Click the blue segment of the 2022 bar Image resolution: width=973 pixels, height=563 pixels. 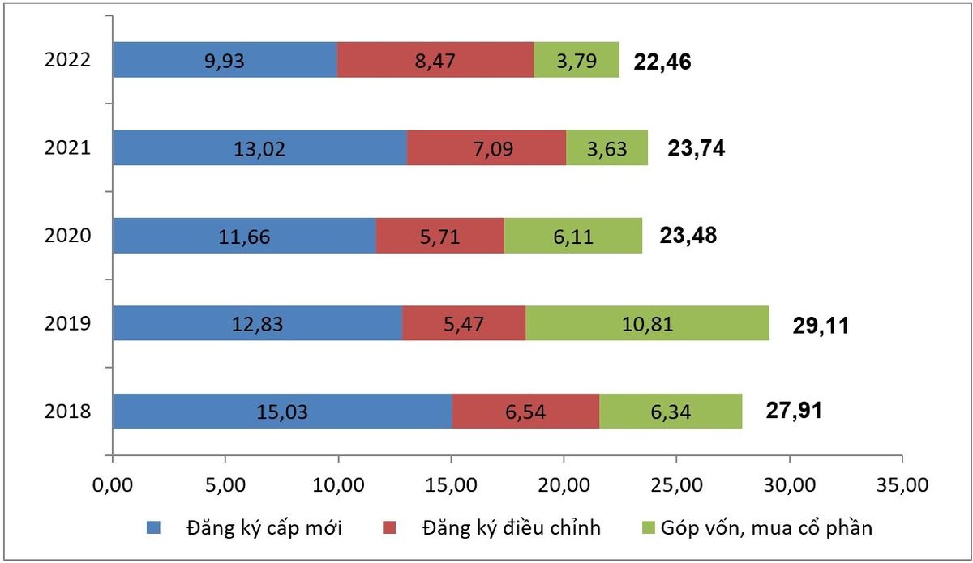(225, 60)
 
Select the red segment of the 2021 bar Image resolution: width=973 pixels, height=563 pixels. (486, 147)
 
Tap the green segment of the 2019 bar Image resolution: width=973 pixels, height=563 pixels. (647, 323)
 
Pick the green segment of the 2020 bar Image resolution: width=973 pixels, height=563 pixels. (573, 236)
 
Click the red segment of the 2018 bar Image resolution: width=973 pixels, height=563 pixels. (525, 411)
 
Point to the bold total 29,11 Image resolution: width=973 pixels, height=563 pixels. (821, 326)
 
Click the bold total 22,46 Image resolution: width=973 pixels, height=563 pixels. (662, 62)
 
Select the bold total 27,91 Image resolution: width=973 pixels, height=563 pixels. (794, 411)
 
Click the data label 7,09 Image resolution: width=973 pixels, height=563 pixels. (493, 149)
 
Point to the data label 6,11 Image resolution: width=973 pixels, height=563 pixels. (573, 237)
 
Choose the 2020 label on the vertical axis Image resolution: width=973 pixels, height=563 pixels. (68, 236)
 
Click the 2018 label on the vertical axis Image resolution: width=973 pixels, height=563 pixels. (68, 411)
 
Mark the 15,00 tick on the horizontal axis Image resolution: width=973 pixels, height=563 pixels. (452, 485)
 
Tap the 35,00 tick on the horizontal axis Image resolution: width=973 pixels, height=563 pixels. (902, 485)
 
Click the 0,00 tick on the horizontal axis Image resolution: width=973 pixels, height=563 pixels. (113, 485)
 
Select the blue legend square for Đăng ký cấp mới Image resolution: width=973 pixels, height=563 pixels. (153, 527)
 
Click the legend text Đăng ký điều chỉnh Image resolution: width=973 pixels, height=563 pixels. (512, 528)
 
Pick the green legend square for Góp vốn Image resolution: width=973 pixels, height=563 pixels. (648, 527)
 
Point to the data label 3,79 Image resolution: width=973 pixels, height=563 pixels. (577, 62)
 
